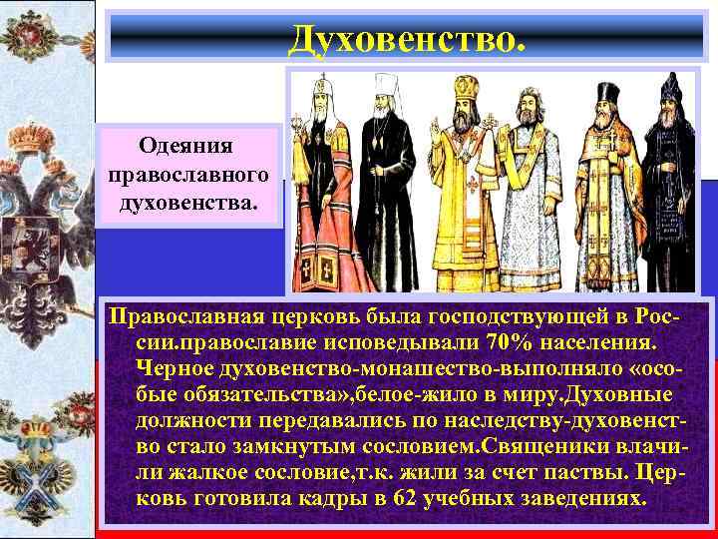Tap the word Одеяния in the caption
coord(186,146)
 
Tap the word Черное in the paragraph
coord(174,369)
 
